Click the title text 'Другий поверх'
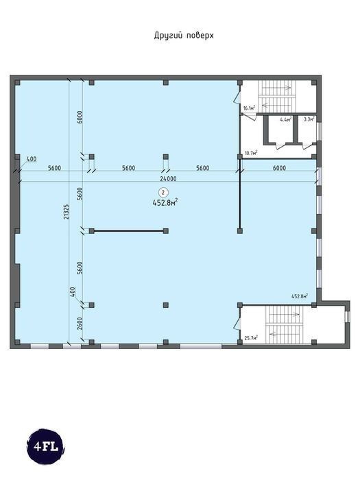(x=184, y=36)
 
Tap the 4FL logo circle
(x=46, y=446)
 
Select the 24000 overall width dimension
(x=168, y=179)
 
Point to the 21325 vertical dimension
(x=67, y=212)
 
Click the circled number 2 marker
(x=163, y=193)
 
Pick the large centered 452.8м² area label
(x=165, y=203)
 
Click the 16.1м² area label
(x=249, y=108)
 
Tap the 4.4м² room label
(x=286, y=119)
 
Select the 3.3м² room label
(x=309, y=119)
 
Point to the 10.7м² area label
(x=250, y=153)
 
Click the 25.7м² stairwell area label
(x=251, y=337)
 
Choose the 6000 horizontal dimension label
(x=279, y=168)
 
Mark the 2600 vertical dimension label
(x=80, y=323)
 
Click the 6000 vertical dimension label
(x=80, y=117)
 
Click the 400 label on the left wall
(x=32, y=159)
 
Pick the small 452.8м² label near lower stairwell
(x=300, y=296)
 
